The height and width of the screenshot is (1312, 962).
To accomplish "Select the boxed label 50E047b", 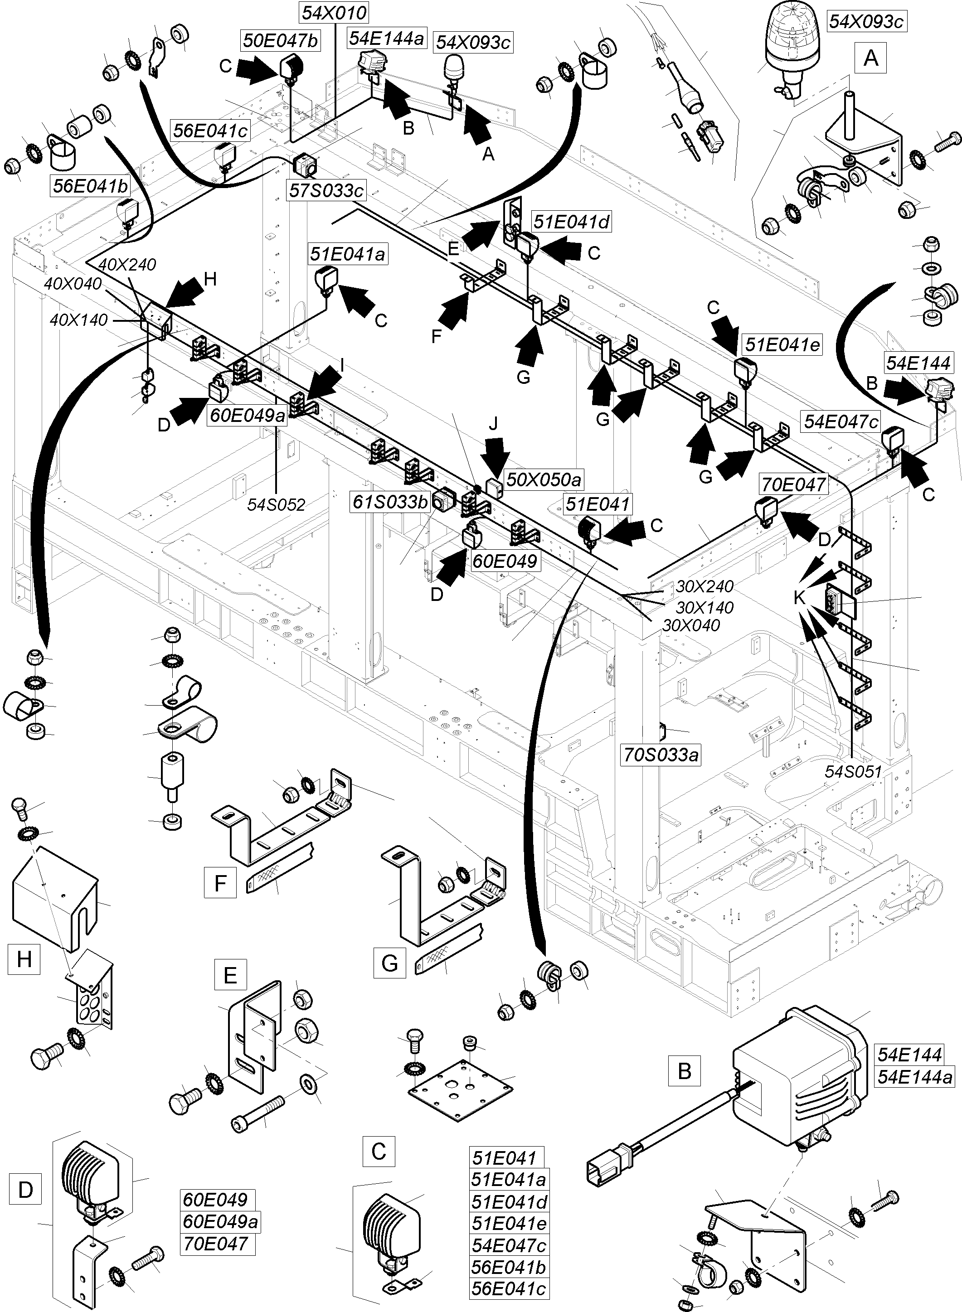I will pyautogui.click(x=280, y=40).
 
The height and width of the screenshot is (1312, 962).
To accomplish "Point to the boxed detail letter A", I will pyautogui.click(x=870, y=58).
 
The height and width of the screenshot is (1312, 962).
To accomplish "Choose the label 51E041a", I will pyautogui.click(x=348, y=254).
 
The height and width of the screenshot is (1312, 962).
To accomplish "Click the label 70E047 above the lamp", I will pyautogui.click(x=793, y=484).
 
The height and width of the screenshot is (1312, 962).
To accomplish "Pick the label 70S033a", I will pyautogui.click(x=661, y=755).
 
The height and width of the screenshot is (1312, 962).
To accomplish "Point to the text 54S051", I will pyautogui.click(x=853, y=771).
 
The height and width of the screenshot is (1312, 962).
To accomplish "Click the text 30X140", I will pyautogui.click(x=704, y=607).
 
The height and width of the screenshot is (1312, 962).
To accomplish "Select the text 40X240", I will pyautogui.click(x=127, y=264).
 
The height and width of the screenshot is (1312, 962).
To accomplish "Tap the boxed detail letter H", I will pyautogui.click(x=24, y=958).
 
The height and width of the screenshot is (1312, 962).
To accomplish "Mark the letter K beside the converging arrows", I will pyautogui.click(x=800, y=597).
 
